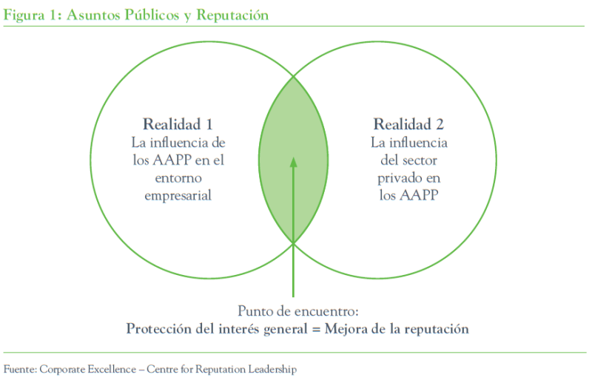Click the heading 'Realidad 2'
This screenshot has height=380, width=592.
[409, 123]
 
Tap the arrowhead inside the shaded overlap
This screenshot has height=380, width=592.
[294, 160]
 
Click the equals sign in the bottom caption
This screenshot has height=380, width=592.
[315, 328]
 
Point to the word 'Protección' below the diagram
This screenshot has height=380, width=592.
[157, 328]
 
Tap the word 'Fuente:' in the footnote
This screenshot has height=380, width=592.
[20, 367]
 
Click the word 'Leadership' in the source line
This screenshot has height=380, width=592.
[275, 367]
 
